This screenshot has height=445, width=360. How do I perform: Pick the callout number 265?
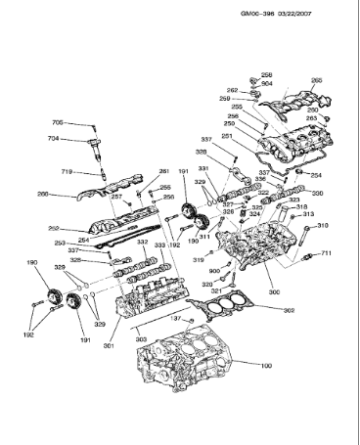[x=316, y=80]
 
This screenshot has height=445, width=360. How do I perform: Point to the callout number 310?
[x=323, y=226]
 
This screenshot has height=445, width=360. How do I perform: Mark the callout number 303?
[x=142, y=337]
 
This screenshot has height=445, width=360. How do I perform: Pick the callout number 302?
[x=289, y=310]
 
